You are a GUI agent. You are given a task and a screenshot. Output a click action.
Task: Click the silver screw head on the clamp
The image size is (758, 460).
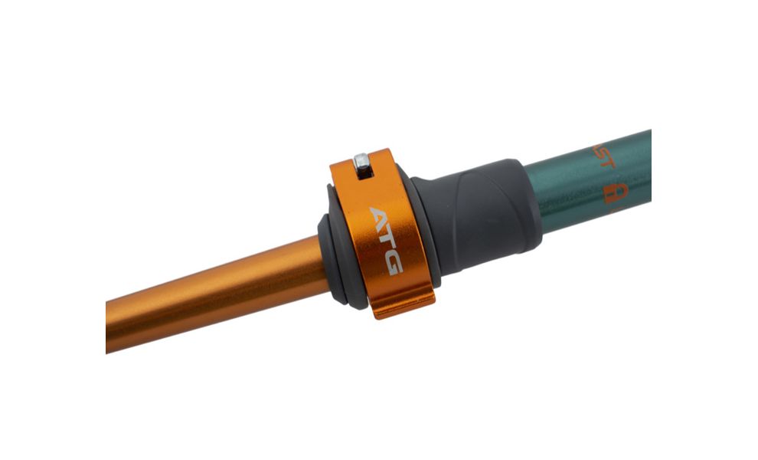click(x=361, y=160)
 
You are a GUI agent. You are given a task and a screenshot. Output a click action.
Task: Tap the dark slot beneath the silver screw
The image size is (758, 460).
click(x=364, y=173)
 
